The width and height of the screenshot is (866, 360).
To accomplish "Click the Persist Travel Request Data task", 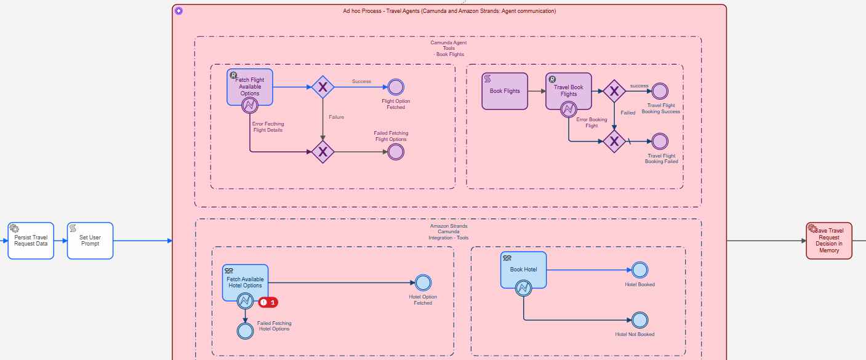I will coord(31,241).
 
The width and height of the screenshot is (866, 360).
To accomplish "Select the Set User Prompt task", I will coord(90,241).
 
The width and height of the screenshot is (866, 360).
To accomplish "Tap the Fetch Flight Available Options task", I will coord(250,87).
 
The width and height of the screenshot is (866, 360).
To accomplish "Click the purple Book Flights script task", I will coord(505,91).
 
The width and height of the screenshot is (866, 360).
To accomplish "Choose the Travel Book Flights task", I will coord(569,91).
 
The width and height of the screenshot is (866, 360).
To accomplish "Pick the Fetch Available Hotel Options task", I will coord(245,282).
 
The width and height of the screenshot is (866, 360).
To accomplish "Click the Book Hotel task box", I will coord(523,270).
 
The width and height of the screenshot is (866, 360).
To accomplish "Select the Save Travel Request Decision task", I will coord(829,241).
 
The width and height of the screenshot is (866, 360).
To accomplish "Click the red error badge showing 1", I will coord(268,302).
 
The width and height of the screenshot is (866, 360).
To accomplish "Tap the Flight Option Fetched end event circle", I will coord(396,87).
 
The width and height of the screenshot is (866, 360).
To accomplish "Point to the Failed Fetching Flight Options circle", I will coord(396,151).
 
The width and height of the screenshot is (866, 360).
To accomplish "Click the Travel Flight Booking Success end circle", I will coord(660,91).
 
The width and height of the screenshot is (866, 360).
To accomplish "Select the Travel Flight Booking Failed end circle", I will coord(660,142).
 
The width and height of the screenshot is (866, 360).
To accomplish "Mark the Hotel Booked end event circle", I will coord(639,270).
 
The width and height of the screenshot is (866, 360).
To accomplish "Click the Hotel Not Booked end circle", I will coord(639,320).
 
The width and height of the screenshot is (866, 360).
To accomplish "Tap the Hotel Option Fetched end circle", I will coord(423,282).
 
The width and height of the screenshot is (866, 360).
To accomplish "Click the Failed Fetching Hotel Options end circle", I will coord(245,330).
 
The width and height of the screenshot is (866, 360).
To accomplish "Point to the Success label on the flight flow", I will coord(361,81).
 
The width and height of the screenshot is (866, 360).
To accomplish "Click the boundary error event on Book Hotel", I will coord(523,288).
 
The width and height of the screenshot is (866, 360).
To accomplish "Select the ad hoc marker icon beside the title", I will coord(178,11).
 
